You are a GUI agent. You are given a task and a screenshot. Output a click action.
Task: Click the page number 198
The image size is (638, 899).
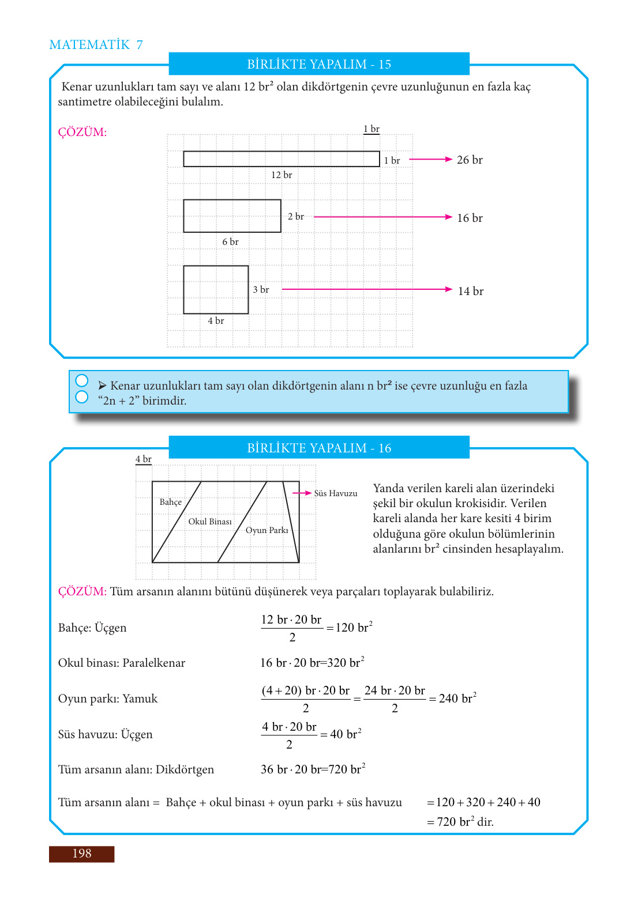[82, 853]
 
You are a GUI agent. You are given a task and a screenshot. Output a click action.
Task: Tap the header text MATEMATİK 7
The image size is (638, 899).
[96, 45]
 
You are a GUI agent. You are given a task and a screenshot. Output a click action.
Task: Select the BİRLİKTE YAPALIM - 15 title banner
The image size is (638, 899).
[319, 64]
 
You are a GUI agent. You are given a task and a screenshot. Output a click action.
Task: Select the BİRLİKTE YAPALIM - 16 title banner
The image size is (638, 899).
[319, 448]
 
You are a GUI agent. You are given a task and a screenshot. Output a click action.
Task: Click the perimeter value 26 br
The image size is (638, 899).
[470, 160]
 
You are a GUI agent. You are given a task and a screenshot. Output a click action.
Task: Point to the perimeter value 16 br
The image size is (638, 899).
[470, 218]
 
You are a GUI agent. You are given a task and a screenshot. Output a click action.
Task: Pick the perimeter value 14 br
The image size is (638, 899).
[470, 292]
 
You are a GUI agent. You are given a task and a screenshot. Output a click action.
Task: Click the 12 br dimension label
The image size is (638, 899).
[282, 175]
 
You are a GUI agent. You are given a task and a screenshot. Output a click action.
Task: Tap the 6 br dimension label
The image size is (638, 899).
[230, 242]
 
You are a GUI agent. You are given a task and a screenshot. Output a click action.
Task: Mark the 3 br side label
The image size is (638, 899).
[261, 290]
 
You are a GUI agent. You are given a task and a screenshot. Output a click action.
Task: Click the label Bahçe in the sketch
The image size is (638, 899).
[171, 502]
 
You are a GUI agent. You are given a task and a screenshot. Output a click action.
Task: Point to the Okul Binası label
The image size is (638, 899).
[210, 522]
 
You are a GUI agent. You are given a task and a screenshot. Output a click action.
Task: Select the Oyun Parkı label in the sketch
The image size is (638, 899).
[267, 530]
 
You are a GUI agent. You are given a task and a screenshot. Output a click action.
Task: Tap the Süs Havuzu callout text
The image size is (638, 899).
[336, 493]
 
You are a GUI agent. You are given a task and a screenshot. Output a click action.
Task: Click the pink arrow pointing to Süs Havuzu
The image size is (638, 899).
[302, 493]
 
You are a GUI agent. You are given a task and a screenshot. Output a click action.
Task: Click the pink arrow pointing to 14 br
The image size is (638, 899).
[367, 289]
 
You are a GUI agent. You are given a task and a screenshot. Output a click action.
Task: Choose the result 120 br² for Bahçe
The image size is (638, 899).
[354, 628]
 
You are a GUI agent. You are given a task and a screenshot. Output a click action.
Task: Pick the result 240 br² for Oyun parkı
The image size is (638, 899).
[457, 698]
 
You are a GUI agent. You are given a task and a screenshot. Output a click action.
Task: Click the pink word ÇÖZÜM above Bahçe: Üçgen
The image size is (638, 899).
[82, 592]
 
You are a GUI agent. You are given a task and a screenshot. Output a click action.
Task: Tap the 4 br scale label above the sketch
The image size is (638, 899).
[143, 459]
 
